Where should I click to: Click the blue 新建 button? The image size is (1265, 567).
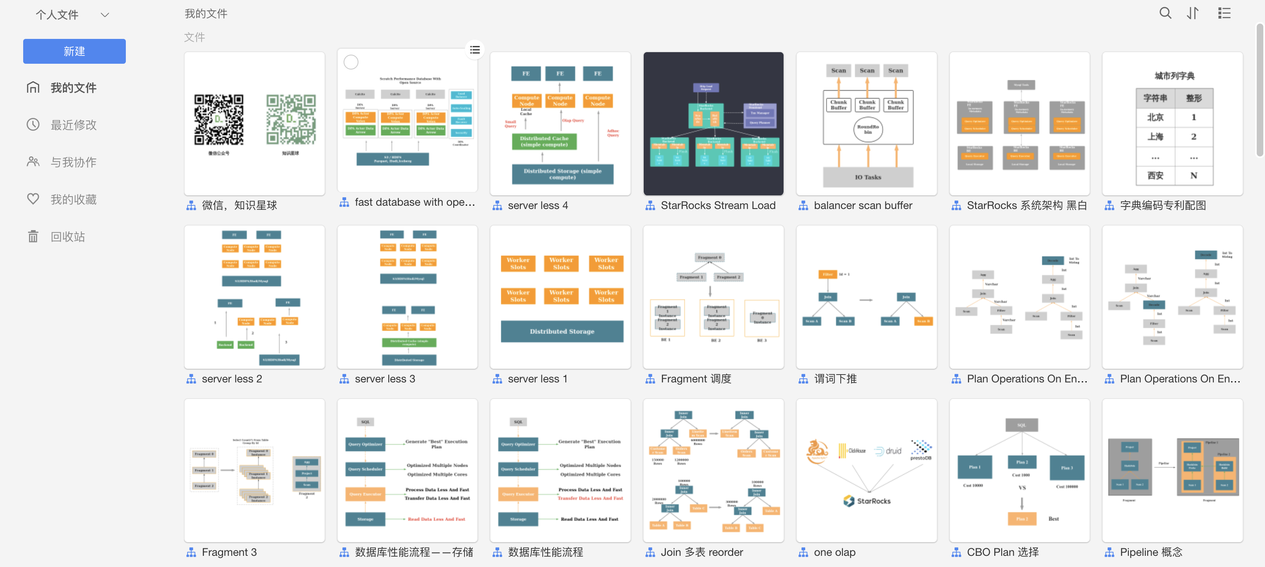(74, 51)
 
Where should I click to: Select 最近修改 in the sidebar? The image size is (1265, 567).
(73, 125)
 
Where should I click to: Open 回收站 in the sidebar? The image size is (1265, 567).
(67, 237)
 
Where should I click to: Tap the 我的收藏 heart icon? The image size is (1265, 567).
(33, 199)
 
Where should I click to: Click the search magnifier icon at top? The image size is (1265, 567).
(1165, 13)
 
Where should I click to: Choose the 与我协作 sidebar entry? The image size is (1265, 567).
(73, 162)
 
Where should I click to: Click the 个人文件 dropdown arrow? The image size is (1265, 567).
(105, 15)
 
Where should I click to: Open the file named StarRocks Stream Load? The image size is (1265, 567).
(717, 205)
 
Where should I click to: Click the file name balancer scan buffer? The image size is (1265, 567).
(862, 205)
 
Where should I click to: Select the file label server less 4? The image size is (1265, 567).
(537, 205)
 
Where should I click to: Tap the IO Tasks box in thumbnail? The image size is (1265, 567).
(868, 177)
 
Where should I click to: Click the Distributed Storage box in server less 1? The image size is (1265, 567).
(562, 332)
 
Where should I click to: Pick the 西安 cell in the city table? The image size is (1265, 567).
(1155, 175)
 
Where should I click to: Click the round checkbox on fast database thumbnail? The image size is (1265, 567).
(351, 62)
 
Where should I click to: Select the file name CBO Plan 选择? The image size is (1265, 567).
(1002, 552)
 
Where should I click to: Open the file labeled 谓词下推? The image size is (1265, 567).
(835, 379)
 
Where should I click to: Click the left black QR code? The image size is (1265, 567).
(219, 120)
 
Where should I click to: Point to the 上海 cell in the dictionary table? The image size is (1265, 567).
(1155, 137)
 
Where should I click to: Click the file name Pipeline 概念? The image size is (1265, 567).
(1151, 552)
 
